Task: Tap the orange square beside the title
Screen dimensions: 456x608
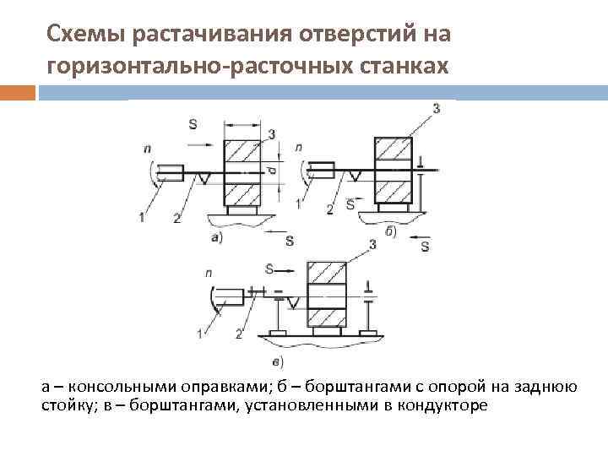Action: click(17, 92)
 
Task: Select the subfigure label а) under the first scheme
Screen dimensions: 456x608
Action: click(217, 238)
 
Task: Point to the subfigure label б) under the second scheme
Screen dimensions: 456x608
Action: click(390, 231)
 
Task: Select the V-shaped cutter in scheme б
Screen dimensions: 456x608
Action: click(356, 175)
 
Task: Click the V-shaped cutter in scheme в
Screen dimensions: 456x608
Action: click(293, 301)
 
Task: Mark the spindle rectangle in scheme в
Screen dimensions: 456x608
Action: click(229, 295)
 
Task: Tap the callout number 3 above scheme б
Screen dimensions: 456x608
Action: click(436, 108)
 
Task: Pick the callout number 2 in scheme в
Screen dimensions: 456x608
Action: click(239, 334)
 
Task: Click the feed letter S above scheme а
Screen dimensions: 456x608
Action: click(193, 124)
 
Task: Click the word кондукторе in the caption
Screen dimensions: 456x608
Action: click(446, 405)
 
